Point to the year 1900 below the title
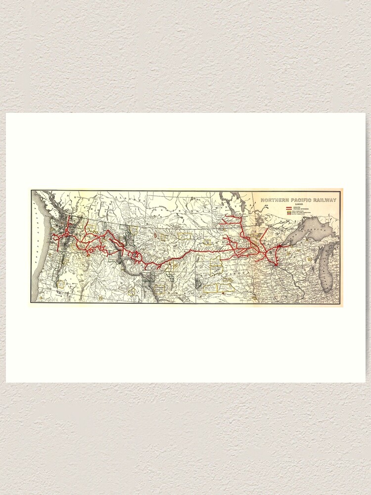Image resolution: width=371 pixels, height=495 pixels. tap(298, 204)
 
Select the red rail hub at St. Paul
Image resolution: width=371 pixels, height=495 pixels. tap(271, 264)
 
